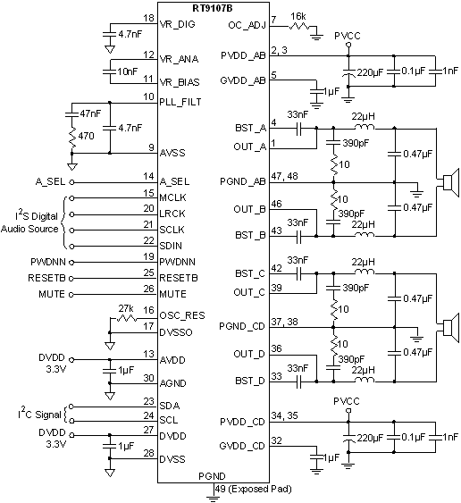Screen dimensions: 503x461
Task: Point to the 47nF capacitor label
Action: click(x=90, y=114)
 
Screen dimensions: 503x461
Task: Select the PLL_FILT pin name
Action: click(x=183, y=103)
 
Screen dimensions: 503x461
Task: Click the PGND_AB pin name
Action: click(x=240, y=182)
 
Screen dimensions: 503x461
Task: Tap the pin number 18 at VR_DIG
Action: click(x=148, y=18)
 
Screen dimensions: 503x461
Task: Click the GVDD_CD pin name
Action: click(x=240, y=444)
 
